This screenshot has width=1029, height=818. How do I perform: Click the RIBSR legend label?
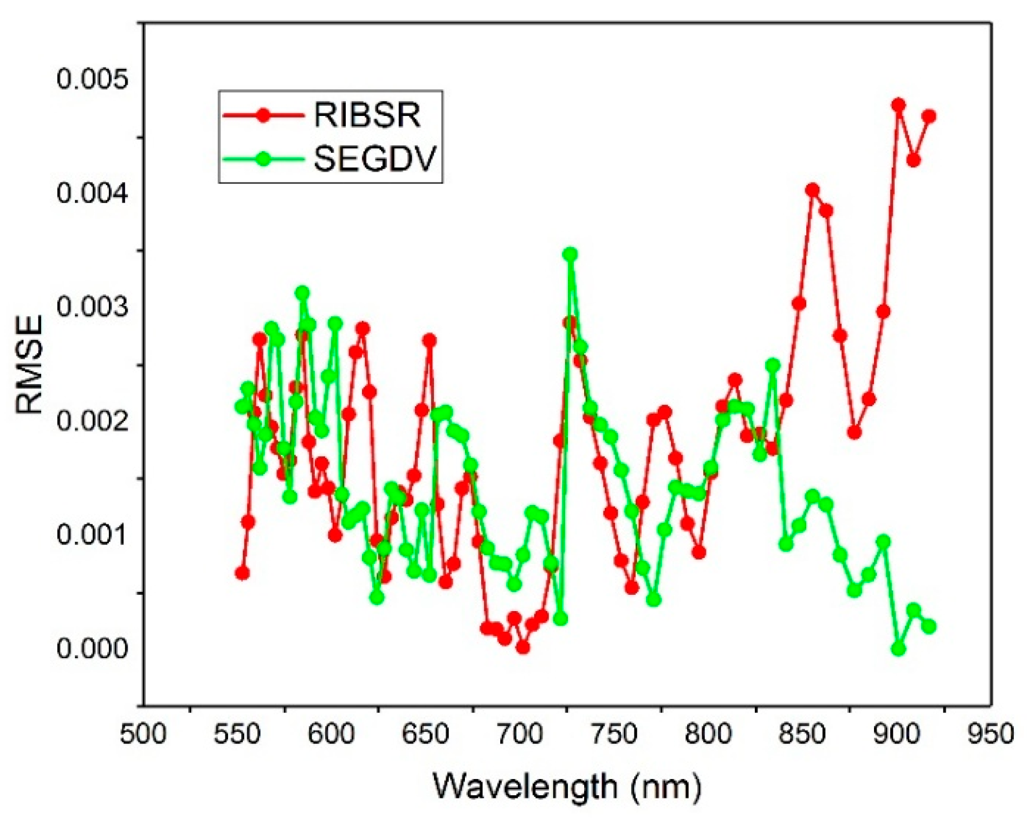367,115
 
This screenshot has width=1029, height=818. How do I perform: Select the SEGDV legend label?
376,159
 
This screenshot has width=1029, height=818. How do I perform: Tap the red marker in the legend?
263,115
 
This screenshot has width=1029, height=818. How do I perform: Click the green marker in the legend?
263,159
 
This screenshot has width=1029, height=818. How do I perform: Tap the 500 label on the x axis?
143,735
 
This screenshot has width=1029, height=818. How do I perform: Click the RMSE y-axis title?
29,365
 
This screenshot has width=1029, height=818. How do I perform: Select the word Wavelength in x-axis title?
525,786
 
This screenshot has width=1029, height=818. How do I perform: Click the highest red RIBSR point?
898,105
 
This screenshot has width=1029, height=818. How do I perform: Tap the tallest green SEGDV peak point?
570,254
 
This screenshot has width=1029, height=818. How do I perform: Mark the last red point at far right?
929,116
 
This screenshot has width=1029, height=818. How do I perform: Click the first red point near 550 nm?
242,573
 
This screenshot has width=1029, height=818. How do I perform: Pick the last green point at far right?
929,627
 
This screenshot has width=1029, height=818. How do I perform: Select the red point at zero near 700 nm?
522,647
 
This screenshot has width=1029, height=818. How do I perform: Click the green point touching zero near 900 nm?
898,648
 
